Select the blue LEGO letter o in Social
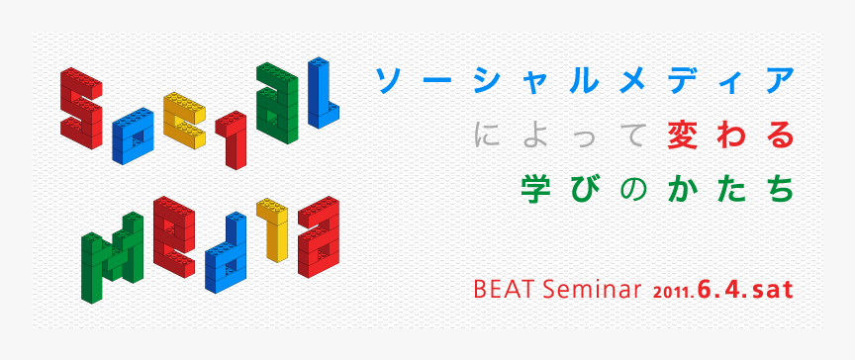[x=138, y=136]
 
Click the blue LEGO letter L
[x=324, y=94]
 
